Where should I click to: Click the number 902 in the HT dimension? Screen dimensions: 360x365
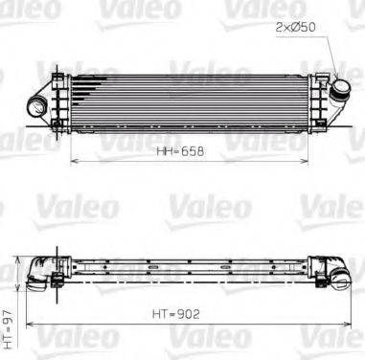(190, 311)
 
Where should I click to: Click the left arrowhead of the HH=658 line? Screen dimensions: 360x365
(74, 161)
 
